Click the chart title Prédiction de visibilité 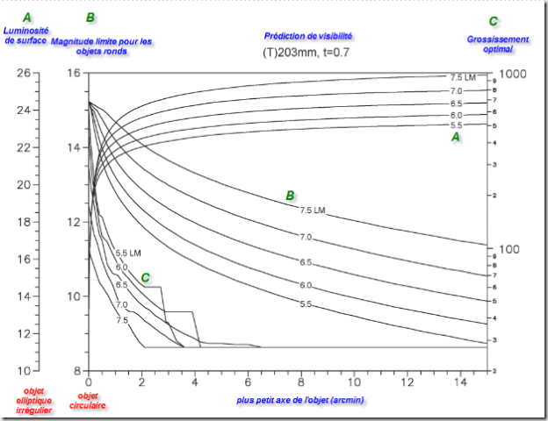point(308,36)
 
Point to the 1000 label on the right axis point(512,73)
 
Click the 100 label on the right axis point(510,250)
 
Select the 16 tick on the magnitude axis point(74,73)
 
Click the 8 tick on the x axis point(301,383)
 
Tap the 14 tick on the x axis point(461,383)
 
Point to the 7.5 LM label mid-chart point(314,210)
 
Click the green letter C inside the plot point(146,278)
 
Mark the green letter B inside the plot point(290,196)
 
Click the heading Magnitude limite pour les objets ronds point(102,46)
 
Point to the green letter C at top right point(493,21)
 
